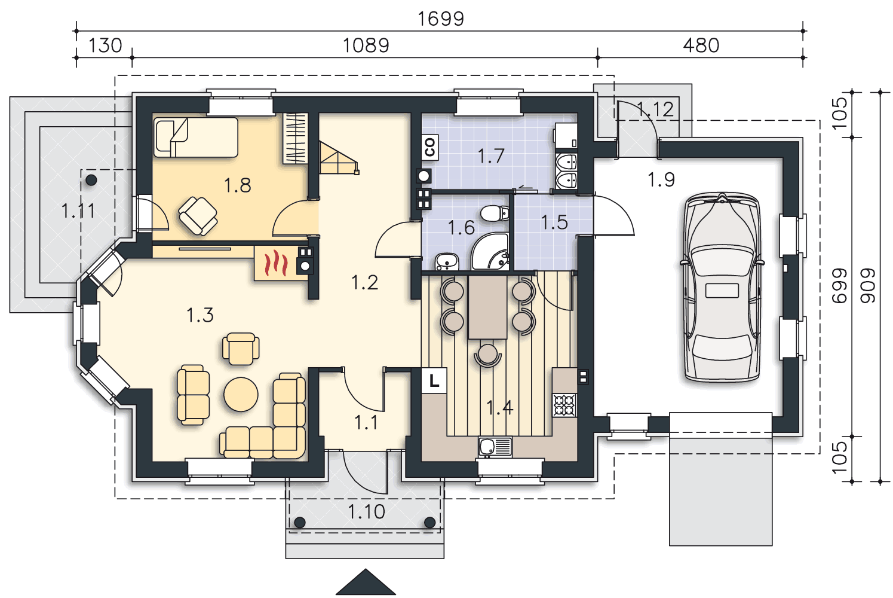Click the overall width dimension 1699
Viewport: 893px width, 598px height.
440,19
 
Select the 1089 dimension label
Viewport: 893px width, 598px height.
366,45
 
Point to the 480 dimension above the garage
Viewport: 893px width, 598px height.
701,45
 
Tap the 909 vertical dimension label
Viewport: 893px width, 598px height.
868,285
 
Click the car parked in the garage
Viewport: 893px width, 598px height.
722,287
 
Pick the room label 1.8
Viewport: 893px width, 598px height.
237,185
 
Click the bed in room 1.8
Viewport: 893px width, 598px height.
196,137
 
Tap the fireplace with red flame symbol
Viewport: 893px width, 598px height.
276,263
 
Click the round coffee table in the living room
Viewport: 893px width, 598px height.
241,394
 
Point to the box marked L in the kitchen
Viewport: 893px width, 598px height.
434,380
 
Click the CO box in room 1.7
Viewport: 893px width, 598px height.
429,147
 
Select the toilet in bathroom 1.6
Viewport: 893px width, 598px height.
494,213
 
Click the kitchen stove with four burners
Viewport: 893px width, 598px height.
564,405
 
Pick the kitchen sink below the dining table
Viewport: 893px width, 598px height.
495,447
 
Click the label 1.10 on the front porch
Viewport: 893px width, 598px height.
366,512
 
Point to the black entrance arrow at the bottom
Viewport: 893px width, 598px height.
366,584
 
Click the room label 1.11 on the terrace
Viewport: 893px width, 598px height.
78,210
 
